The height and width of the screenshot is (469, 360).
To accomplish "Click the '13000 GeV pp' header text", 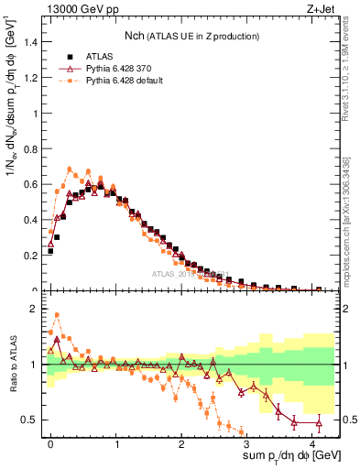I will pyautogui.click(x=76, y=8).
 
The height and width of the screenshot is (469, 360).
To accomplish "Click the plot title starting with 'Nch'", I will pyautogui.click(x=192, y=36).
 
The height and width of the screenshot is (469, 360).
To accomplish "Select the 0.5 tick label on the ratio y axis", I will pyautogui.click(x=33, y=420).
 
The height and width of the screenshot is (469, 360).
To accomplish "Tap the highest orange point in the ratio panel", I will pyautogui.click(x=57, y=315).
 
